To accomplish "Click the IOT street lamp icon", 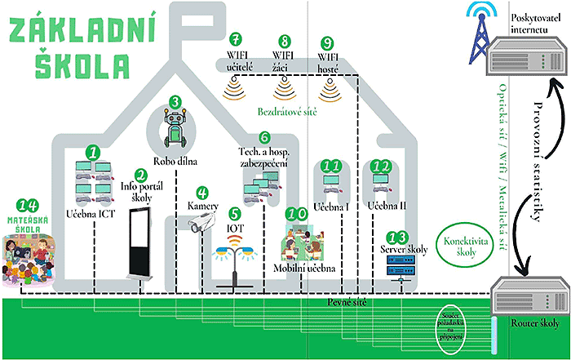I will click(235, 258).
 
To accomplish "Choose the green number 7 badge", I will click(236, 38).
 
